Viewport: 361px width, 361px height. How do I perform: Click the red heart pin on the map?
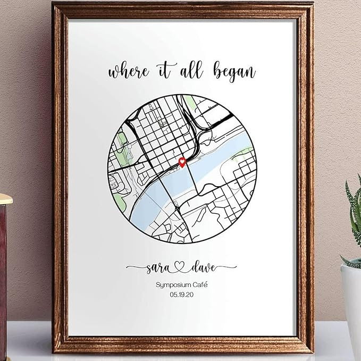[x=182, y=162]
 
